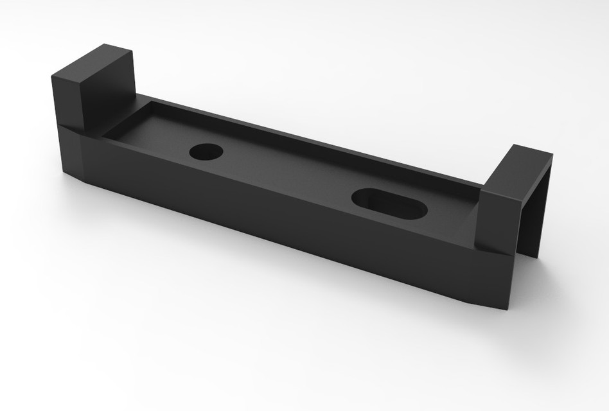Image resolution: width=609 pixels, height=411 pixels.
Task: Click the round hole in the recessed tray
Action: point(206,152)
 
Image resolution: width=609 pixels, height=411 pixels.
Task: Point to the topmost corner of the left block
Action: point(105,44)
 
